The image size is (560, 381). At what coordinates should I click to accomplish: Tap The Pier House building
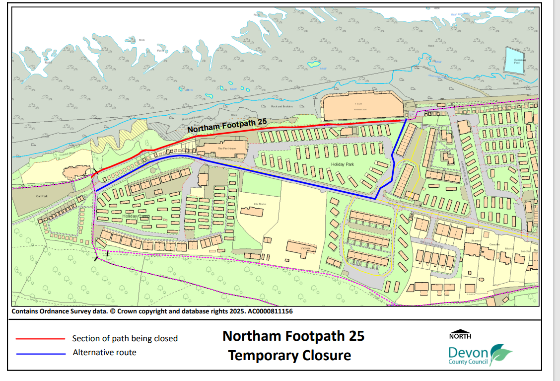click(222, 148)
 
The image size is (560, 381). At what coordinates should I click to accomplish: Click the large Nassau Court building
click(361, 106)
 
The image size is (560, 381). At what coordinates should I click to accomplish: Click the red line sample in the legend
click(40, 339)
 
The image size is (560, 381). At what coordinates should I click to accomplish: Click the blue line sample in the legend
click(40, 354)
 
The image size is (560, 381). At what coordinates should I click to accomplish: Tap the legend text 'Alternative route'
click(104, 353)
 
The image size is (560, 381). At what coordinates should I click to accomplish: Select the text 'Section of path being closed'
click(125, 338)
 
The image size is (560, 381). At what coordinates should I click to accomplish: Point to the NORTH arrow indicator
click(460, 334)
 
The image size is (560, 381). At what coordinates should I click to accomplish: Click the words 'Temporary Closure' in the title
click(289, 356)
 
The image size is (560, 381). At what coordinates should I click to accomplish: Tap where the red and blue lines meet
click(406, 120)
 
